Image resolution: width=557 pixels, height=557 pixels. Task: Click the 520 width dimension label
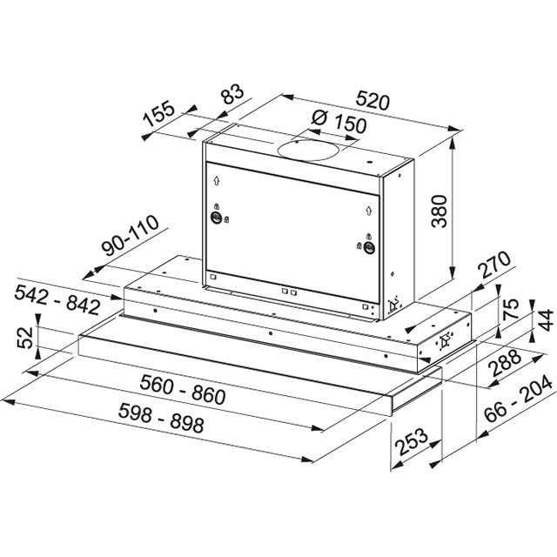click(x=372, y=101)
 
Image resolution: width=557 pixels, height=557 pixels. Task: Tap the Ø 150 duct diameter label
click(x=339, y=123)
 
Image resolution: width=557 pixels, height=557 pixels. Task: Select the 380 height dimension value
click(x=439, y=211)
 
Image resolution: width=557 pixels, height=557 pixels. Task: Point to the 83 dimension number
click(x=232, y=94)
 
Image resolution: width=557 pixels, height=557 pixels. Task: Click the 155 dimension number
click(x=159, y=114)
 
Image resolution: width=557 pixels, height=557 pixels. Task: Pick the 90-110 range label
click(x=130, y=235)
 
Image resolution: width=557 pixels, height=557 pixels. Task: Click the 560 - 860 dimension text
click(x=183, y=390)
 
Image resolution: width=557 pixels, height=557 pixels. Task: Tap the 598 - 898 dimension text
click(x=161, y=418)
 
